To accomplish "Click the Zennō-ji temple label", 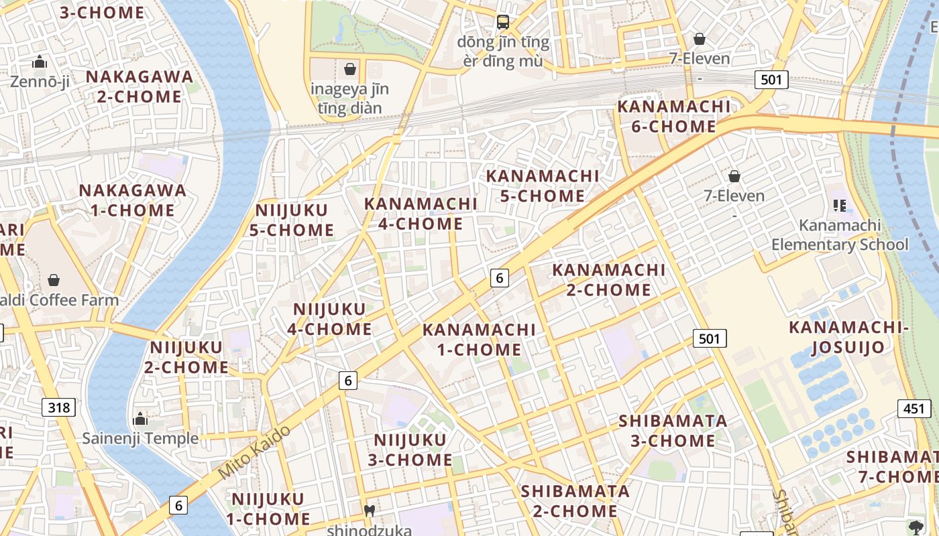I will (40, 82).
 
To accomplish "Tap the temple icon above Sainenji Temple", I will (140, 419).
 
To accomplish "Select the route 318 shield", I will (59, 407).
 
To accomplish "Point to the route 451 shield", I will (914, 409).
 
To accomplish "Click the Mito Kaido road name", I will (255, 452).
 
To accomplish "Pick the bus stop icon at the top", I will (503, 22).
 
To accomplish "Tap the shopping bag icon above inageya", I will (349, 68).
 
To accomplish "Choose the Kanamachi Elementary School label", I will (839, 235).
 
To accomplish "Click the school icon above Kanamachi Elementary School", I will (839, 206).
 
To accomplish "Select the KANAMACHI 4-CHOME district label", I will (421, 214).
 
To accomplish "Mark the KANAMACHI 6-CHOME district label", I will (673, 117).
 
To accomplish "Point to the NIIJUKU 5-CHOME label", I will (292, 220).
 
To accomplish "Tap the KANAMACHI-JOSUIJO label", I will (848, 337).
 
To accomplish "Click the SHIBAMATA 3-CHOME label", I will (673, 431).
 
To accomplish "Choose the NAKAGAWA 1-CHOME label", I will (133, 200).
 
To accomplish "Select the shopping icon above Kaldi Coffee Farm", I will (54, 279).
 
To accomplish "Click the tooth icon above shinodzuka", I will (368, 511).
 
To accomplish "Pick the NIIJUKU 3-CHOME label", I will (410, 450).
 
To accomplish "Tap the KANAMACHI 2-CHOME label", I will (608, 280).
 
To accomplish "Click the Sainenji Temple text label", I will (140, 439).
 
